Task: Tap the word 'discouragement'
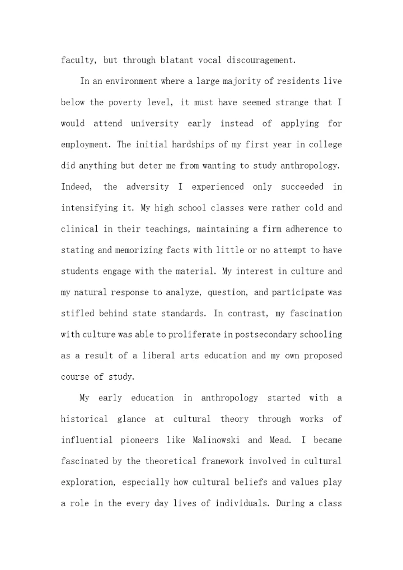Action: coord(261,60)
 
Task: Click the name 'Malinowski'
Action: coord(216,440)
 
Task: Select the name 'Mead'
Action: coord(279,440)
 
